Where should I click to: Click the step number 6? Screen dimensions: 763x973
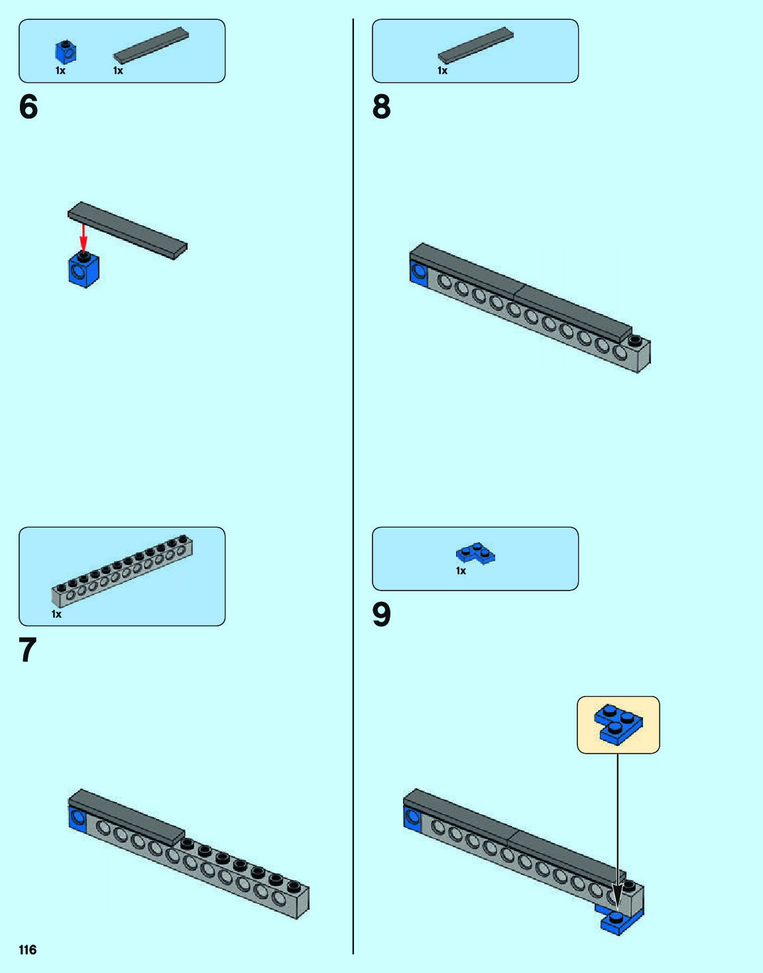(29, 107)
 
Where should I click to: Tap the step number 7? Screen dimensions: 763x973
(28, 650)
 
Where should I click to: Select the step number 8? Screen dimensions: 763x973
(382, 107)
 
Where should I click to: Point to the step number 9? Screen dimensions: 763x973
(382, 615)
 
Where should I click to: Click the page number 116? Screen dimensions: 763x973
(28, 950)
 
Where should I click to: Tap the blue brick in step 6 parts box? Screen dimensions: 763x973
(66, 52)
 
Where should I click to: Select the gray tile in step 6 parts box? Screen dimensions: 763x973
(151, 45)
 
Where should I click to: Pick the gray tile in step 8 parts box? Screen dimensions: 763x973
(475, 45)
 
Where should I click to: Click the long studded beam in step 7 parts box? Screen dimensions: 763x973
(123, 571)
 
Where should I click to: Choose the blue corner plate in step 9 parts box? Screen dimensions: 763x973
(475, 553)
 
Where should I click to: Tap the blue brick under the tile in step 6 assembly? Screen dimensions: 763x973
(84, 270)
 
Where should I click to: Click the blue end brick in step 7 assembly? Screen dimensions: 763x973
(78, 818)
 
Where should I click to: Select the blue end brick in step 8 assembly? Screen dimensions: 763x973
(418, 272)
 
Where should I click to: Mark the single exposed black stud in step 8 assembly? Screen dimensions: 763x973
(635, 341)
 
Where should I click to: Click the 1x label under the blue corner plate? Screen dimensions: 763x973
(461, 571)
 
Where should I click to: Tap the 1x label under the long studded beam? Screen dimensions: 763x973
(56, 614)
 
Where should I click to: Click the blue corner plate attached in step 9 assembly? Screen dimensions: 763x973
(620, 921)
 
